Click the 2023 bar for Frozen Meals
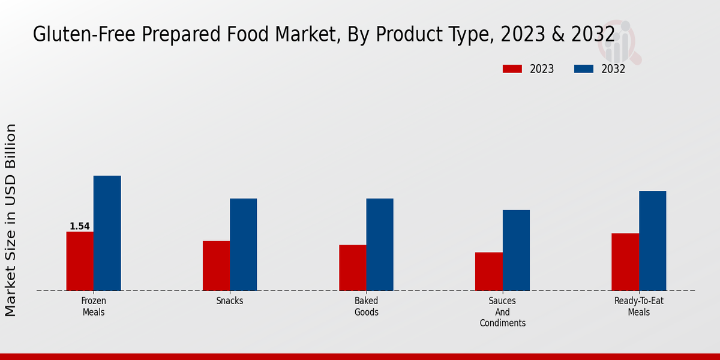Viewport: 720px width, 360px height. click(x=80, y=261)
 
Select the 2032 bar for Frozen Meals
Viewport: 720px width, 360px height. click(x=107, y=233)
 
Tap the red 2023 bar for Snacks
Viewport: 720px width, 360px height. click(x=216, y=266)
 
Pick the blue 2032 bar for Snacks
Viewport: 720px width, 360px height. click(x=243, y=244)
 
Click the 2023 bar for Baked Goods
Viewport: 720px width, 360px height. click(x=352, y=268)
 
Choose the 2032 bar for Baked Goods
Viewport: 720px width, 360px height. click(x=380, y=244)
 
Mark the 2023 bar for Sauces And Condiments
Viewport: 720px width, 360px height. click(x=488, y=271)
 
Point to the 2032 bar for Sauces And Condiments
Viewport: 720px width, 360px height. click(x=516, y=250)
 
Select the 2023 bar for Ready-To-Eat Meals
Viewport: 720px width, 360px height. click(x=625, y=262)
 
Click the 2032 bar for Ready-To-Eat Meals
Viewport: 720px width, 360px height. click(x=652, y=241)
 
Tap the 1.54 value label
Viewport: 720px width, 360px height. click(x=80, y=226)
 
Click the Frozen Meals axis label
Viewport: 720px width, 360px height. click(x=94, y=306)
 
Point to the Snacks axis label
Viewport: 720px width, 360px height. click(x=230, y=301)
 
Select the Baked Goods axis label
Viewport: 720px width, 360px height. click(x=366, y=306)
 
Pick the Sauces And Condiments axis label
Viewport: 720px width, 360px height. click(x=502, y=312)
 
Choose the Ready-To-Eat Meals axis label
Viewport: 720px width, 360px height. click(x=639, y=306)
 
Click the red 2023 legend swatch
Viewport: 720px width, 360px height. click(x=512, y=69)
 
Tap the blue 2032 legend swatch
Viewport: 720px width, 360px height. click(x=583, y=69)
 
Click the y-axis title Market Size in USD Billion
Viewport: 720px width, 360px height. click(x=11, y=220)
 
